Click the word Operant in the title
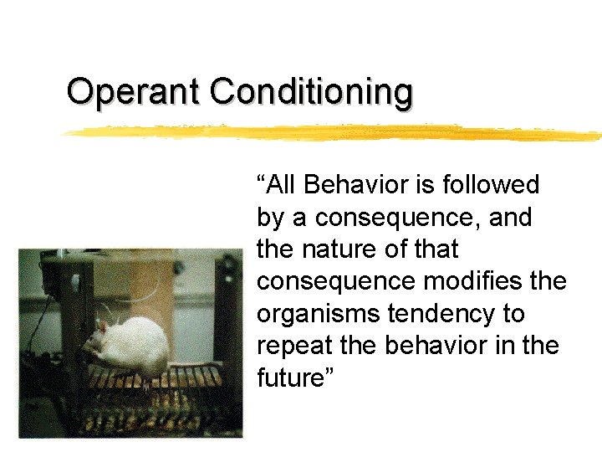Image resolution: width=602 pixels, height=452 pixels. [x=135, y=91]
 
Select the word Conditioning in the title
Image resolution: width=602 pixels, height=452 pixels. [x=311, y=91]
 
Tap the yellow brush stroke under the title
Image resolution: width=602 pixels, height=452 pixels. [x=334, y=132]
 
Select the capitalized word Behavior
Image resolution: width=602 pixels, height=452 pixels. [x=365, y=184]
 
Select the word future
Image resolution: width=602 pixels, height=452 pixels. [x=292, y=378]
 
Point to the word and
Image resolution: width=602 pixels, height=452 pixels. [x=510, y=217]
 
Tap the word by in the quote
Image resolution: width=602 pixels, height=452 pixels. [x=271, y=218]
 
